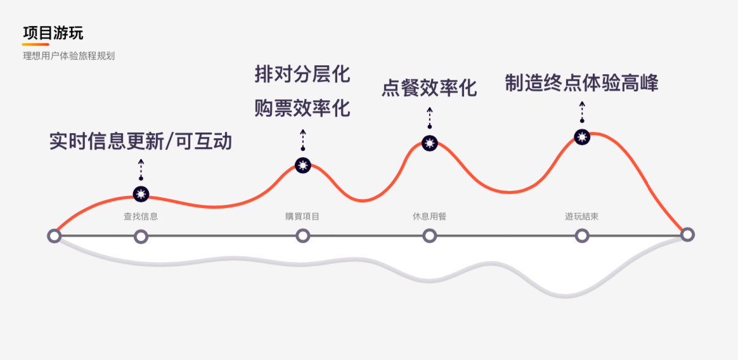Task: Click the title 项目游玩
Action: [x=53, y=33]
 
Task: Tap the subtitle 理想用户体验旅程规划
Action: [x=68, y=56]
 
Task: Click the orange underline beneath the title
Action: [x=36, y=44]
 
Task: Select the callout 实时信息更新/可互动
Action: [x=141, y=141]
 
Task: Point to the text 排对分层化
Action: [x=302, y=74]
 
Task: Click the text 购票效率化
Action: [x=302, y=108]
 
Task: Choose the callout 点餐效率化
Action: [x=429, y=87]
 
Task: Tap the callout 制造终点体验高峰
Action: [x=581, y=83]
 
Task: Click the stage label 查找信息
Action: [x=141, y=216]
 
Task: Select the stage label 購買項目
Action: [x=302, y=216]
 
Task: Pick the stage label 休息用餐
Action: [x=429, y=216]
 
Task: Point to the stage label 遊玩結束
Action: [x=581, y=216]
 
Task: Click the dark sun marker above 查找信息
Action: [x=141, y=194]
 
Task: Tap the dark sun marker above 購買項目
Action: [x=303, y=165]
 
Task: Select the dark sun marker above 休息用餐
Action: [x=430, y=143]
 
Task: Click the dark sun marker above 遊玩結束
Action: [x=582, y=136]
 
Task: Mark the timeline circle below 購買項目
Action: [x=303, y=236]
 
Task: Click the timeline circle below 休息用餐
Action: [x=430, y=236]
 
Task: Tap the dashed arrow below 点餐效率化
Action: [x=430, y=118]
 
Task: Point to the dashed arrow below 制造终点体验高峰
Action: [x=582, y=112]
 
